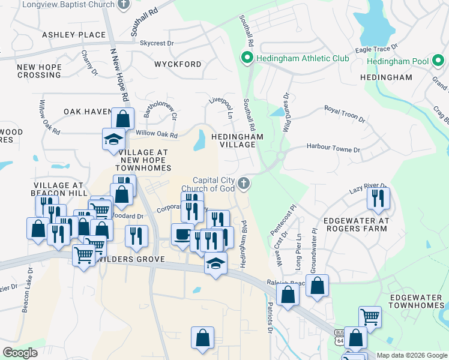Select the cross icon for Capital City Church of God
pos(243,184)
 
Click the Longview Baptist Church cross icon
pos(124,5)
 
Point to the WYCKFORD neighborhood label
pos(178,64)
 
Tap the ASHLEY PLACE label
pos(74,35)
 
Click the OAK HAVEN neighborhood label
pos(88,112)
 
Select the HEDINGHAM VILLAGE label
pos(237,141)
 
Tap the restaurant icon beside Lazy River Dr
pos(378,198)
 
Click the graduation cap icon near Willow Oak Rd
pos(113,139)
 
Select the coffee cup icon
pos(182,234)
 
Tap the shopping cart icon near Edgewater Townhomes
pos(370,316)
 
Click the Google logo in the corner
pos(20,353)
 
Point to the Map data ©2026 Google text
pos(412,355)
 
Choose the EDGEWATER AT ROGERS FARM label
pos(357,225)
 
